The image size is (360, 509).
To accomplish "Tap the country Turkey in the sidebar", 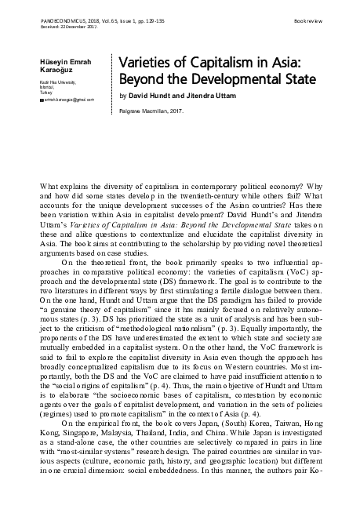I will pos(46,91).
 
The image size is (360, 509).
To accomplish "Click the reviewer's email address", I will pos(68,100).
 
